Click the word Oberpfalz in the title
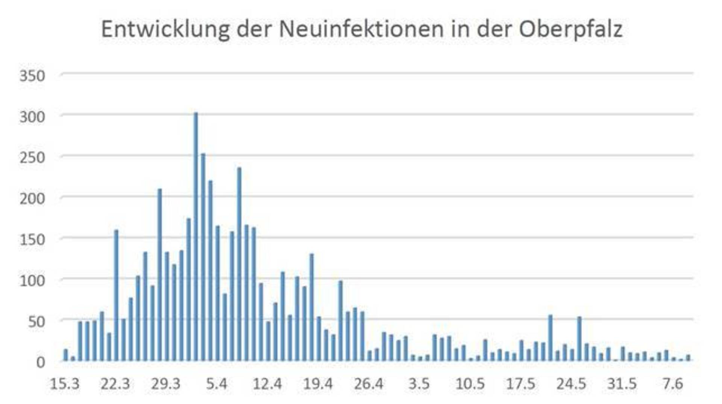(x=570, y=29)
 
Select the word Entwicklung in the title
(x=165, y=29)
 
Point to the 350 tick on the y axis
(x=32, y=76)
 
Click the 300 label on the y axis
(x=32, y=117)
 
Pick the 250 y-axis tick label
(x=32, y=157)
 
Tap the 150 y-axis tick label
(x=32, y=239)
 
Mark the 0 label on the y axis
(x=40, y=362)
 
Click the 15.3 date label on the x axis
(x=65, y=384)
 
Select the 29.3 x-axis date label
(x=166, y=384)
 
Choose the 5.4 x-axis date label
(x=217, y=384)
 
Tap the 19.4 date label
(x=318, y=384)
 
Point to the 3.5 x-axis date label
(x=419, y=384)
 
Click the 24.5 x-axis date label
(x=571, y=384)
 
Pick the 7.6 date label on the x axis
(x=672, y=384)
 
